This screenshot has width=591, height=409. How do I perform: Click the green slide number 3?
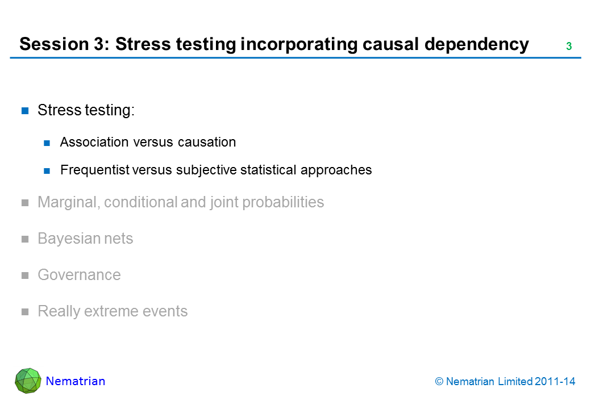pos(569,47)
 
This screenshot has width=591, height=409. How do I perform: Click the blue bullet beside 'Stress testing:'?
pos(25,111)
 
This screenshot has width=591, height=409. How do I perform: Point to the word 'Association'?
pos(94,142)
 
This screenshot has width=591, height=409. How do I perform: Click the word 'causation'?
pos(207,142)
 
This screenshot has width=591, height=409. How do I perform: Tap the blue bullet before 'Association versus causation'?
pos(47,143)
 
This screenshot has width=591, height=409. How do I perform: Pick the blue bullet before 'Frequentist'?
pos(47,171)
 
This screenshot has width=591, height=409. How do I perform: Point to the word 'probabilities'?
pos(283,202)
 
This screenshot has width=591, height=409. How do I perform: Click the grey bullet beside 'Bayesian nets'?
pos(25,239)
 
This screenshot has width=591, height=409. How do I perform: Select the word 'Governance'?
pos(79,275)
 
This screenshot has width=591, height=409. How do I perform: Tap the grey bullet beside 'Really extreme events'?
pos(25,312)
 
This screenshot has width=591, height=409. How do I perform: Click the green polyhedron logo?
pos(28,381)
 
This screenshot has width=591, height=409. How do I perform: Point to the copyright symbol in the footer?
pos(439,382)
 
